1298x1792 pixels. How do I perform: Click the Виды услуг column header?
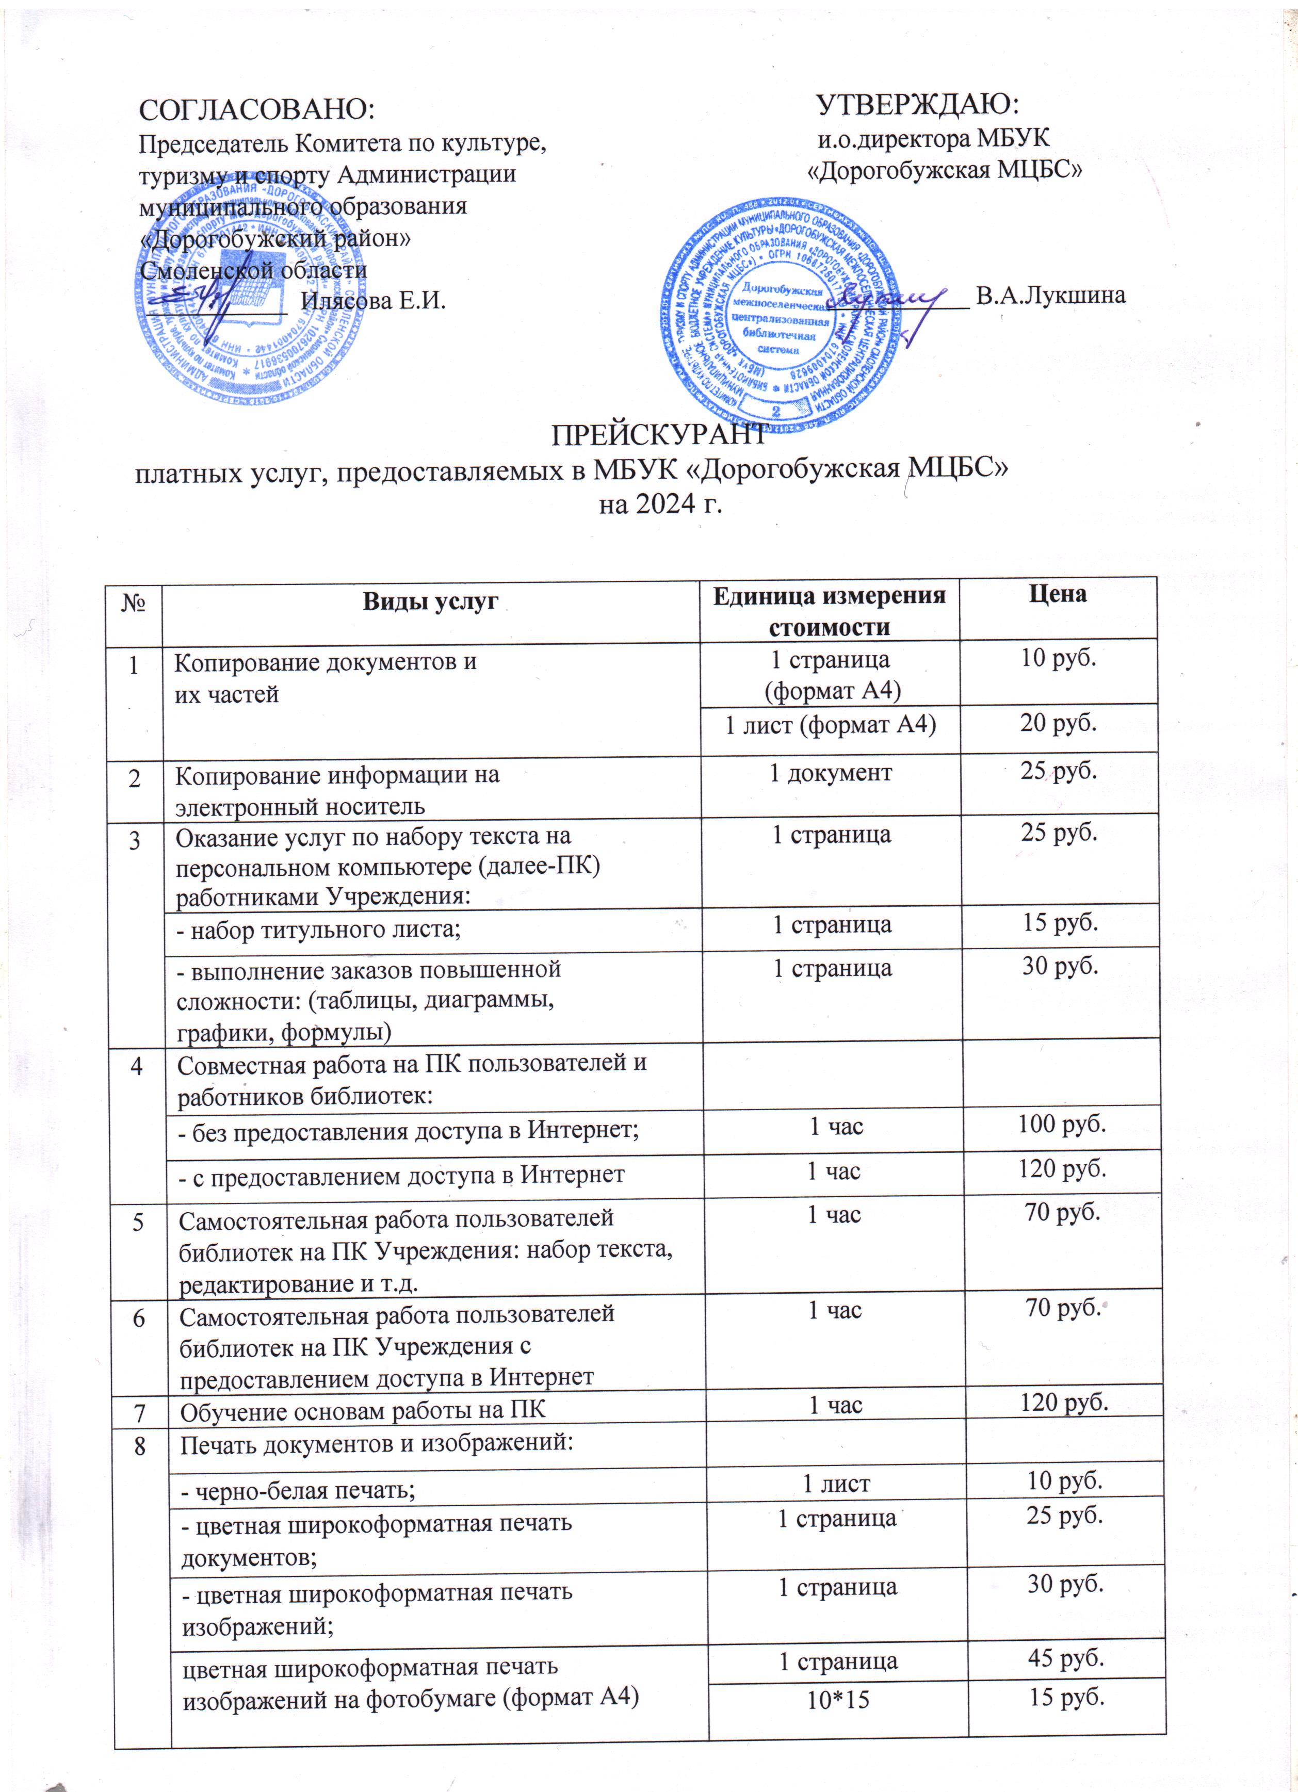coord(431,601)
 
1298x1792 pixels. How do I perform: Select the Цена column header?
coord(1058,595)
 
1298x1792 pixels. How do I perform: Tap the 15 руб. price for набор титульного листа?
coord(1060,922)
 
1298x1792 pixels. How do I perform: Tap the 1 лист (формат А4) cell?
coord(830,725)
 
